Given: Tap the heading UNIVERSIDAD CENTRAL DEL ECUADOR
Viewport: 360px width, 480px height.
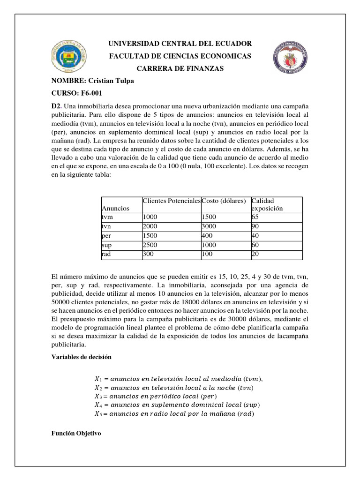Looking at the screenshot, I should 180,44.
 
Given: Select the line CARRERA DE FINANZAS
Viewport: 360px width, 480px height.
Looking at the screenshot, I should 180,69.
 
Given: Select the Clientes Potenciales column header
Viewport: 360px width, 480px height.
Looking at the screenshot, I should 171,201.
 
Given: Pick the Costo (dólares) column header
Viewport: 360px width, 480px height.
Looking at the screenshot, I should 224,201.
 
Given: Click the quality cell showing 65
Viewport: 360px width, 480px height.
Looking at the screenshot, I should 255,217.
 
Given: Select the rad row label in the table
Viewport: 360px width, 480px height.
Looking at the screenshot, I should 105,254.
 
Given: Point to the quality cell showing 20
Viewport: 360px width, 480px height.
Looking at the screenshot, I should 255,254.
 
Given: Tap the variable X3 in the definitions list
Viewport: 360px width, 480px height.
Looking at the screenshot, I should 98,396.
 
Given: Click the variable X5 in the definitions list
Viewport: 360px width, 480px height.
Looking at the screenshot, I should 98,413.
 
